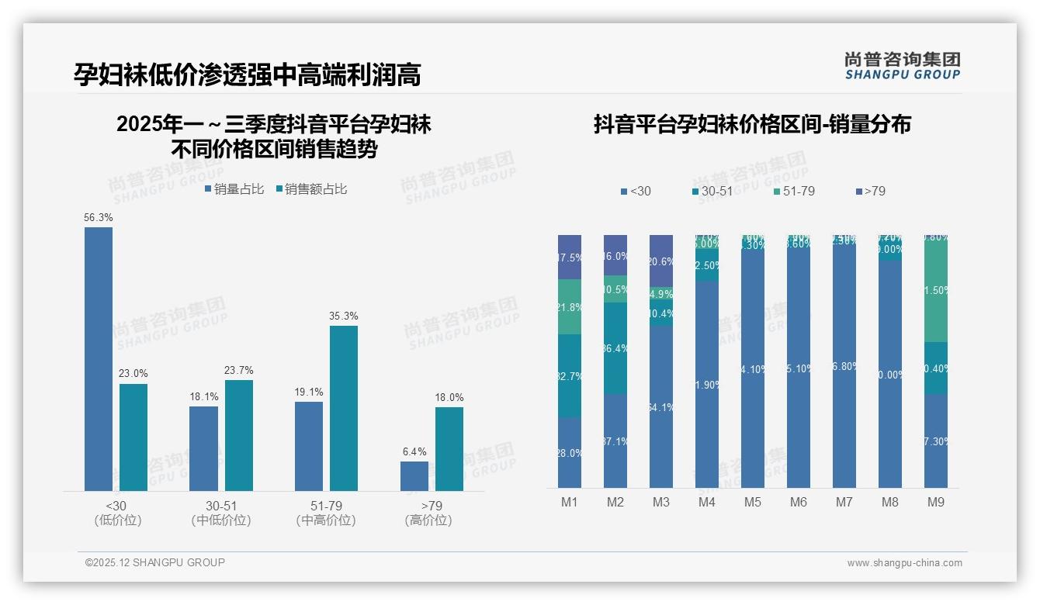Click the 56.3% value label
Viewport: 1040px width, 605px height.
click(99, 218)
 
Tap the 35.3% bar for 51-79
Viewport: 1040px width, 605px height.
click(344, 408)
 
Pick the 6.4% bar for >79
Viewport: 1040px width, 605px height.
click(414, 475)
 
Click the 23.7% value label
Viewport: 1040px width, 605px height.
click(238, 371)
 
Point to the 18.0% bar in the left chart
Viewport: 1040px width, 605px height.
click(449, 448)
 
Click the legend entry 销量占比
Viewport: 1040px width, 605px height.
click(234, 189)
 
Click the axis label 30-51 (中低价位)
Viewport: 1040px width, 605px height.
click(221, 513)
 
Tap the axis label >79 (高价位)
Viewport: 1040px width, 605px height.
click(428, 513)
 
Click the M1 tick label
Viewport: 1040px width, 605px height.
click(570, 503)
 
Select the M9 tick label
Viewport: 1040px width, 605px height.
click(936, 503)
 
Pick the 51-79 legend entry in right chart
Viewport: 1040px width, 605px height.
click(794, 191)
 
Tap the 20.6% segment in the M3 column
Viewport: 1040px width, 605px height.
click(661, 261)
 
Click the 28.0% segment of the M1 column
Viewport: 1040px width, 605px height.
click(570, 453)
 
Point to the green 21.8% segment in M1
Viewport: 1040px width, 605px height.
click(570, 307)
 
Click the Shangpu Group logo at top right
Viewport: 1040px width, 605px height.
click(902, 66)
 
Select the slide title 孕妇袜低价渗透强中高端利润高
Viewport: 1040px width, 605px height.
click(247, 75)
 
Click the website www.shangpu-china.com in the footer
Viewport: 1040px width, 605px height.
click(904, 563)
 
